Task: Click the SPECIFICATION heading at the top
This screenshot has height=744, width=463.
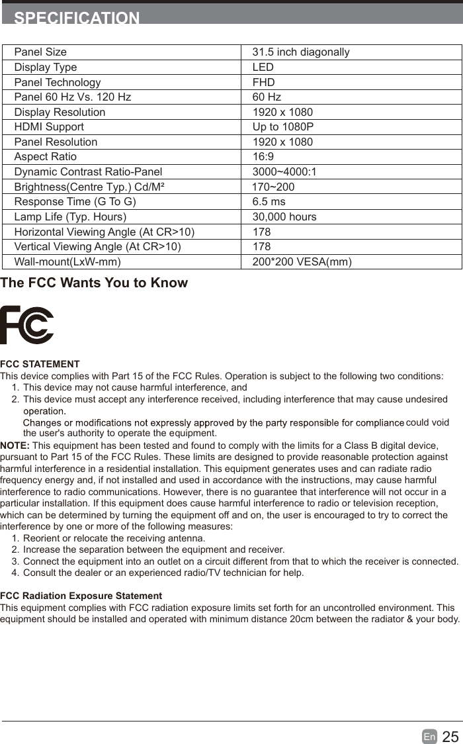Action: [77, 18]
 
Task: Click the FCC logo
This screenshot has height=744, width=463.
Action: [27, 325]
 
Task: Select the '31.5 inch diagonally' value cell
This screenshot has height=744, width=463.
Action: [301, 52]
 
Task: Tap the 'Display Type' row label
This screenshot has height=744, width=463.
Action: [46, 68]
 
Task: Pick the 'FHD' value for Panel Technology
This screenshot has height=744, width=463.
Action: [263, 83]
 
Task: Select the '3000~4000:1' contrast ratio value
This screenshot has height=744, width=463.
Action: [284, 172]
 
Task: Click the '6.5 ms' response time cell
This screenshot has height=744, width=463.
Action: [269, 202]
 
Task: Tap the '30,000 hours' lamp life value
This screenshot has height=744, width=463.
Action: [284, 217]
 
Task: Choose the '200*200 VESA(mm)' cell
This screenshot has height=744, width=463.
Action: [302, 262]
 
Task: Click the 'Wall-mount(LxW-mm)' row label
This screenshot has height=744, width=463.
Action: [67, 262]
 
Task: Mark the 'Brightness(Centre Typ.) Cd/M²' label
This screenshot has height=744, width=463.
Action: [89, 187]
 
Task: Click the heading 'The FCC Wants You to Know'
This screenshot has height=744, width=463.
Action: [94, 283]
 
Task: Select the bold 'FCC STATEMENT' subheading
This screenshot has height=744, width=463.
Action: [40, 364]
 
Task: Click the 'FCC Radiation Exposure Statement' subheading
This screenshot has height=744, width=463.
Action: [81, 596]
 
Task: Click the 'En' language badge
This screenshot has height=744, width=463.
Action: [429, 737]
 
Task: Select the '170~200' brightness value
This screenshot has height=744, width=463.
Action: [273, 187]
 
